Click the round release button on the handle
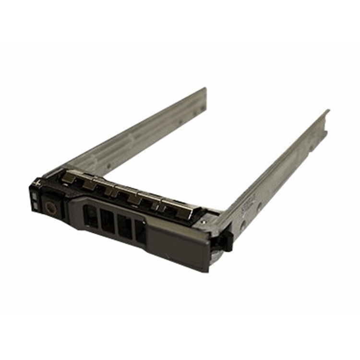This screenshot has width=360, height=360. [50, 207]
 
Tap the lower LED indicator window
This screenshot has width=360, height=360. [35, 205]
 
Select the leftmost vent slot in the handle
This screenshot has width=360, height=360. [90, 216]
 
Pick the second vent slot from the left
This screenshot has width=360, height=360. [108, 221]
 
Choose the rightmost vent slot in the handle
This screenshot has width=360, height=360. [140, 231]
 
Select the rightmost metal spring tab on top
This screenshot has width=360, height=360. [183, 210]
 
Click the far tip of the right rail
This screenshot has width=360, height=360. [328, 112]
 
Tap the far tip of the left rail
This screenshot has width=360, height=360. [205, 89]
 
